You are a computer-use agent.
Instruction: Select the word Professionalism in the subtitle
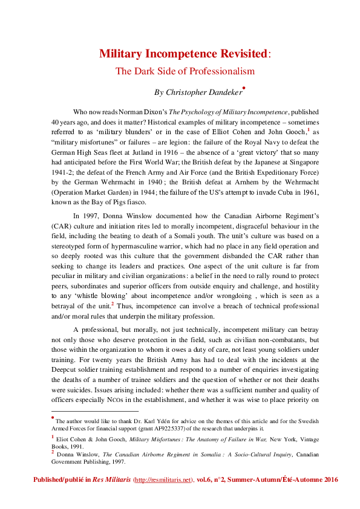[x=220, y=71]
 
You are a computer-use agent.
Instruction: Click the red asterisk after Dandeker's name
[x=243, y=88]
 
